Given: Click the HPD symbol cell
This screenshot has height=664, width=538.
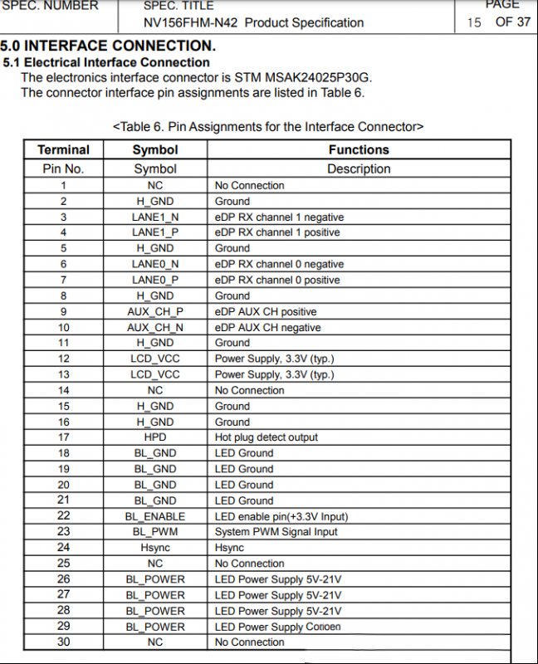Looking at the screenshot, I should pyautogui.click(x=155, y=437).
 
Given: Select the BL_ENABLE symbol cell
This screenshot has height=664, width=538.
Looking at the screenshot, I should pyautogui.click(x=155, y=516).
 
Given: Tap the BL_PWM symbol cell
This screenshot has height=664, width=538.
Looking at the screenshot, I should pyautogui.click(x=155, y=532).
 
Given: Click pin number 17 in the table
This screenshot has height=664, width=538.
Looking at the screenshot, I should pyautogui.click(x=63, y=437).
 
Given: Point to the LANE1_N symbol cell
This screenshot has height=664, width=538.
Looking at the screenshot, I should pyautogui.click(x=155, y=217).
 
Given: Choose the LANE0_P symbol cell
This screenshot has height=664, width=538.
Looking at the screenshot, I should pyautogui.click(x=155, y=281).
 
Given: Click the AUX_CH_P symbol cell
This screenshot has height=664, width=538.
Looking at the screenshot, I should pyautogui.click(x=155, y=312).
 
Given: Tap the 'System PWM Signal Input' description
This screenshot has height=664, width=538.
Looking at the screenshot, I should pyautogui.click(x=276, y=532).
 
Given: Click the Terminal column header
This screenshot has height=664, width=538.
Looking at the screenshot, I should pyautogui.click(x=63, y=150).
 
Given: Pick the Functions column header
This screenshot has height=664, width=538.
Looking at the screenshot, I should pyautogui.click(x=359, y=150).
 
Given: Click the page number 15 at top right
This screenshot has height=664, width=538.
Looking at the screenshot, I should pyautogui.click(x=474, y=22).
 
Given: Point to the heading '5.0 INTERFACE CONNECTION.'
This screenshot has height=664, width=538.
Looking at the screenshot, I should pyautogui.click(x=108, y=46).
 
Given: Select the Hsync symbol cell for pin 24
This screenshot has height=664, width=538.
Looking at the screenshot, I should pyautogui.click(x=155, y=548).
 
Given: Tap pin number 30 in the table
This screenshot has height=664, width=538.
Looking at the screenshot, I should pyautogui.click(x=63, y=642).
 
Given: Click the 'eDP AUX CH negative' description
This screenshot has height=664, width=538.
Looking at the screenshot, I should pyautogui.click(x=267, y=328).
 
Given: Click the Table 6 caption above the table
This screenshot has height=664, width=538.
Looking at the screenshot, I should pyautogui.click(x=268, y=127).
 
